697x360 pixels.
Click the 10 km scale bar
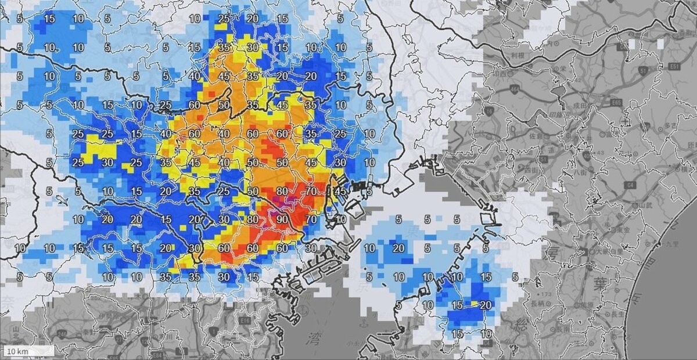(x=29, y=351)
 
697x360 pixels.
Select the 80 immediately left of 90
(x=253, y=219)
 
